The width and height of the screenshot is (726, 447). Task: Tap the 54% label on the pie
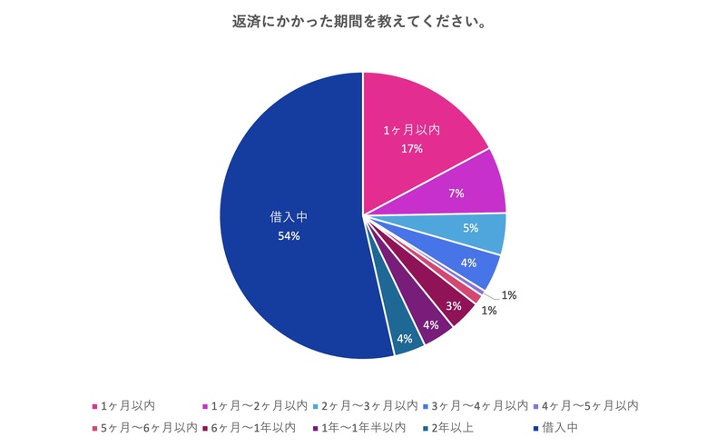tap(289, 236)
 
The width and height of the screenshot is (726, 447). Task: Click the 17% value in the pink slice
tap(412, 148)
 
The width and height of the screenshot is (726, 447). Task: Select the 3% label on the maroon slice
tap(454, 305)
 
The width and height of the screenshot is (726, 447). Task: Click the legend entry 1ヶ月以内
tap(127, 405)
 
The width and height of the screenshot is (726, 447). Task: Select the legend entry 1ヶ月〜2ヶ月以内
tap(259, 405)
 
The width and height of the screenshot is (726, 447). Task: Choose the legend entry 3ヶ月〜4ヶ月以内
tap(480, 405)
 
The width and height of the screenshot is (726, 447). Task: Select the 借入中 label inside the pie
tap(289, 217)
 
